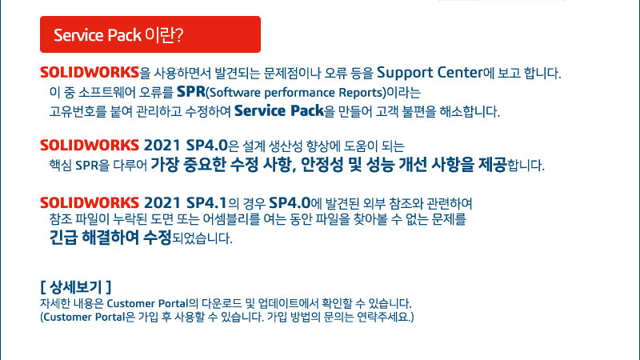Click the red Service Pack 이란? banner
tap(150, 34)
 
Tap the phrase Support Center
tap(430, 73)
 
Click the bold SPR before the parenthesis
tap(191, 92)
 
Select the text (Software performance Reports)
tap(296, 93)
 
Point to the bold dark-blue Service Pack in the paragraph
tap(278, 110)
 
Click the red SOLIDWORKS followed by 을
tap(90, 72)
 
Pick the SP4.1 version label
tap(206, 202)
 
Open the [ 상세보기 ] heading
tap(76, 287)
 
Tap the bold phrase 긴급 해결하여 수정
tap(110, 237)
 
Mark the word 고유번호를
tap(78, 111)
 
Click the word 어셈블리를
tap(231, 219)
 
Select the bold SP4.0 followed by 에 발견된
tap(290, 202)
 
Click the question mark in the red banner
tap(179, 35)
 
